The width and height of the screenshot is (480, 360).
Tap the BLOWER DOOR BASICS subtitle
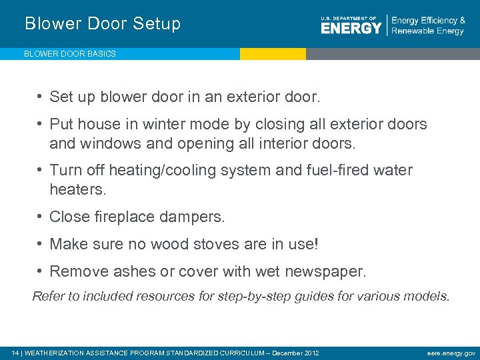pos(70,54)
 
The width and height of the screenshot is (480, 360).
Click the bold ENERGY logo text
pos(351,28)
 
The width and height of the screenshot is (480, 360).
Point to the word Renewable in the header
pos(413,31)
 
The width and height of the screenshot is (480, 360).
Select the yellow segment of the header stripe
pos(273,54)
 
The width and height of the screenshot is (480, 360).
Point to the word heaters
pos(77,189)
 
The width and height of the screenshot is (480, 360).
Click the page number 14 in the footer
pos(15,353)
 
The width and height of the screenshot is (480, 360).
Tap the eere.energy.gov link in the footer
pos(451,353)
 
